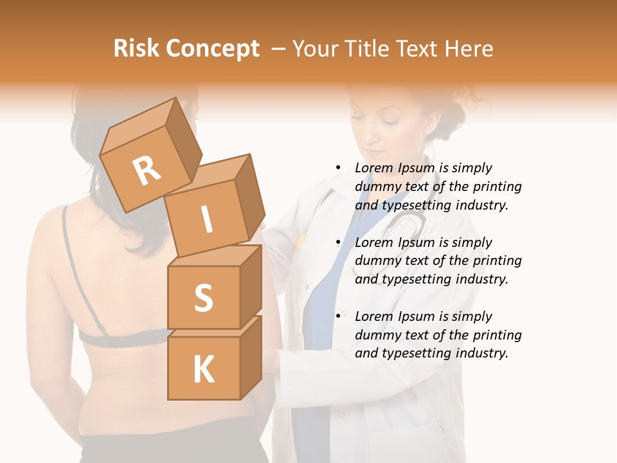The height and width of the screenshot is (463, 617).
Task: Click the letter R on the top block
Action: (147, 170)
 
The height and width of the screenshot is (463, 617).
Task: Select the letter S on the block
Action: (203, 298)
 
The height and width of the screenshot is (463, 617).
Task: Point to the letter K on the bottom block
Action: (203, 370)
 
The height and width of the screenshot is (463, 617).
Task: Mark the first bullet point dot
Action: (338, 168)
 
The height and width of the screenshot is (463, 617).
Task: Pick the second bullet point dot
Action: (338, 242)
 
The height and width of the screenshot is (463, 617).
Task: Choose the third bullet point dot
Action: (338, 316)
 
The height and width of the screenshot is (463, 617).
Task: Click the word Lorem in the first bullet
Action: (375, 168)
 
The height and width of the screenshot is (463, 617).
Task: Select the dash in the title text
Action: (280, 49)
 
